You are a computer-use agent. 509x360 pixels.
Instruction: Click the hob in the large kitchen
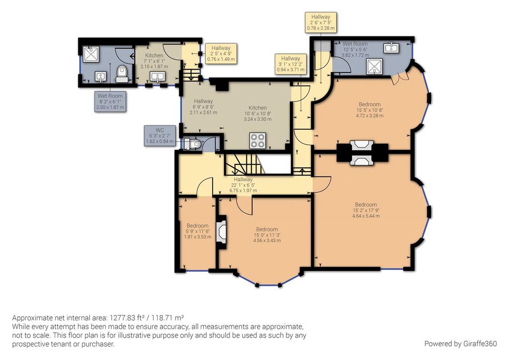(258, 141)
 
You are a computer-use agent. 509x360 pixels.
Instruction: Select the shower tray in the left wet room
(91, 54)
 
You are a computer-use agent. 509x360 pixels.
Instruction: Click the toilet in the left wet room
(122, 74)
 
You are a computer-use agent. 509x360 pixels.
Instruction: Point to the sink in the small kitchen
(158, 76)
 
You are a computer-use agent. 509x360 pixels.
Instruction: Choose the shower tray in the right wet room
(375, 67)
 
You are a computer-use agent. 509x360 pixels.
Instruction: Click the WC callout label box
(160, 136)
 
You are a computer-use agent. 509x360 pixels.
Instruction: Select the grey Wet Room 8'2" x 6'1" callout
(110, 101)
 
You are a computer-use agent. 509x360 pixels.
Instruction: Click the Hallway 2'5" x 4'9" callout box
(221, 54)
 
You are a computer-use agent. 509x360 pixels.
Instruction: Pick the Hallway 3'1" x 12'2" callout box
(290, 64)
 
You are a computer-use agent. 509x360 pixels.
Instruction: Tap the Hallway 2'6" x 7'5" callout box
(321, 22)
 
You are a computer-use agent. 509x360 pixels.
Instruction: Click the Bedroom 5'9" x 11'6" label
(197, 231)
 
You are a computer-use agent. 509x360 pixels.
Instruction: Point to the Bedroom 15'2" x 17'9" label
(365, 210)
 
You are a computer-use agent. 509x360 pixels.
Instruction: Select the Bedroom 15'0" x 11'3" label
(267, 235)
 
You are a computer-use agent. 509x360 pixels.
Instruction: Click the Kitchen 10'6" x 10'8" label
(258, 113)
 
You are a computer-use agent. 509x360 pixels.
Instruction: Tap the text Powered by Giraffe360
(460, 344)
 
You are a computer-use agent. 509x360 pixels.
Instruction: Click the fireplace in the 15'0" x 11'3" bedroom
(222, 231)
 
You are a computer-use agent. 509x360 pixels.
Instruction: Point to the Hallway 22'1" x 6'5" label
(243, 184)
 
